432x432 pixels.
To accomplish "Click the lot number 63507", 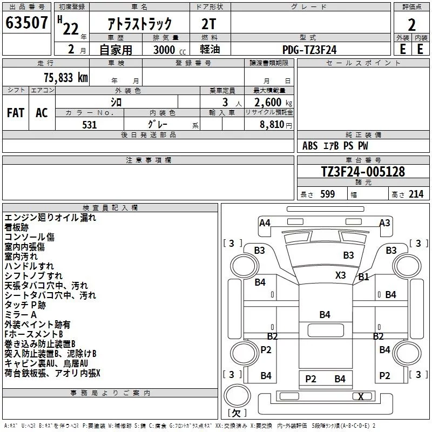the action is click(26, 22).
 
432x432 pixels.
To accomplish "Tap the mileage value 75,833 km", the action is click(66, 77).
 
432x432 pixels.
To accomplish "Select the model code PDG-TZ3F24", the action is click(309, 50).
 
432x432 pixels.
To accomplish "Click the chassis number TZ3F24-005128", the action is click(363, 172).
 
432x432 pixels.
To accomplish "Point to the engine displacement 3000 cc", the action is click(170, 50).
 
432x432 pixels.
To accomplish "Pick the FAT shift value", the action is click(16, 113).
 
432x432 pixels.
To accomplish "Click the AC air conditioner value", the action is click(42, 113).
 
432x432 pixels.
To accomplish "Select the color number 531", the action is click(90, 125).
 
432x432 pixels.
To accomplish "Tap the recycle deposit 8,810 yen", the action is click(276, 124).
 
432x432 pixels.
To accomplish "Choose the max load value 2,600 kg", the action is click(273, 102).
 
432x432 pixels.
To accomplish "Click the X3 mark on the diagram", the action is click(340, 275).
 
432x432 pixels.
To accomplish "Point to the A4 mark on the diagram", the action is click(265, 222).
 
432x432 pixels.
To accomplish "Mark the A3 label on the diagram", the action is click(384, 222).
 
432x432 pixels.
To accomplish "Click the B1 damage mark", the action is click(363, 276).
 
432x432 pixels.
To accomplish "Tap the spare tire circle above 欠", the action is click(237, 395).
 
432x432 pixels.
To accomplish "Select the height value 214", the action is click(416, 194).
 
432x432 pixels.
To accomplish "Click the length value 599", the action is click(328, 194).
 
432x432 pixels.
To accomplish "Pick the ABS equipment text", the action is click(310, 146).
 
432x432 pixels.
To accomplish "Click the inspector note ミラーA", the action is click(21, 315).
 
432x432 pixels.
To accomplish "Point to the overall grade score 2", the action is click(411, 25).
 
